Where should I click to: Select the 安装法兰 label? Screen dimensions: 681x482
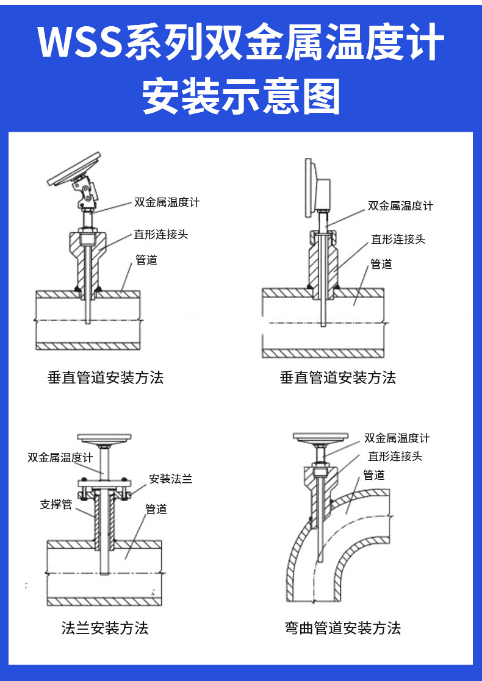pyautogui.click(x=171, y=479)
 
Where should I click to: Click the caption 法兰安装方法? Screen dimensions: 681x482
pyautogui.click(x=105, y=628)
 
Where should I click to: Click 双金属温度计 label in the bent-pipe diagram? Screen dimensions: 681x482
pyautogui.click(x=397, y=438)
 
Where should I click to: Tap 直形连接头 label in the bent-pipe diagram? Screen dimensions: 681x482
pyautogui.click(x=395, y=456)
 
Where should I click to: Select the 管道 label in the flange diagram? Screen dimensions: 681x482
pyautogui.click(x=156, y=509)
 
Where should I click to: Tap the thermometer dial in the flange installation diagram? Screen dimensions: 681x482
pyautogui.click(x=104, y=438)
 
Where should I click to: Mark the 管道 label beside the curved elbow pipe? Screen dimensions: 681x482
pyautogui.click(x=374, y=476)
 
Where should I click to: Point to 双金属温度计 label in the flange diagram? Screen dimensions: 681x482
pyautogui.click(x=60, y=458)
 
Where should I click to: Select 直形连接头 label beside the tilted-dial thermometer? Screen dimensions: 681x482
pyautogui.click(x=161, y=235)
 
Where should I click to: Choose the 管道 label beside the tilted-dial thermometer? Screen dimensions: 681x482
pyautogui.click(x=146, y=260)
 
